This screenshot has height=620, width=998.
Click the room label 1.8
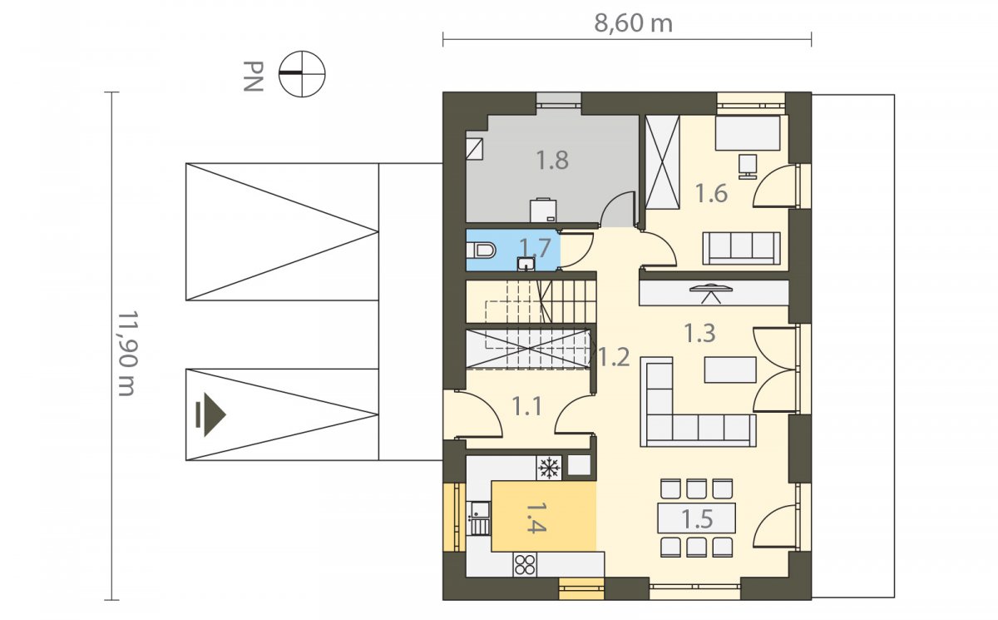[552, 161]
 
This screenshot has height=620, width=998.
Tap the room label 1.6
[712, 193]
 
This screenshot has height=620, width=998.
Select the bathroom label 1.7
[535, 248]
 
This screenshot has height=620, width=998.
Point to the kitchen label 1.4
[536, 518]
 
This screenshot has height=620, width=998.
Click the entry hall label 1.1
[527, 406]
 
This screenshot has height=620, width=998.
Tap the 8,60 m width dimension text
[633, 23]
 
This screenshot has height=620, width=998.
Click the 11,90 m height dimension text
[128, 353]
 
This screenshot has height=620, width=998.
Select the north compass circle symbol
[302, 74]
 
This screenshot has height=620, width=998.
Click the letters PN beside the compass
[253, 77]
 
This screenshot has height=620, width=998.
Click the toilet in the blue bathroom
[481, 250]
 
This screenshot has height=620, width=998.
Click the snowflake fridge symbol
[549, 468]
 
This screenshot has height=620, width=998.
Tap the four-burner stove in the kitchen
[525, 564]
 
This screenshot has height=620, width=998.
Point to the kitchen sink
[478, 518]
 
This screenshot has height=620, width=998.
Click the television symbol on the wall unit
[710, 293]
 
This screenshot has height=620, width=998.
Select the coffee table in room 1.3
[730, 370]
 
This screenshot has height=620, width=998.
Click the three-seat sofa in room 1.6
[741, 248]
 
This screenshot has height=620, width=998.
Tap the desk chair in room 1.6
[748, 166]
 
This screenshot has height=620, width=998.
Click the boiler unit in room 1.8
[543, 210]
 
